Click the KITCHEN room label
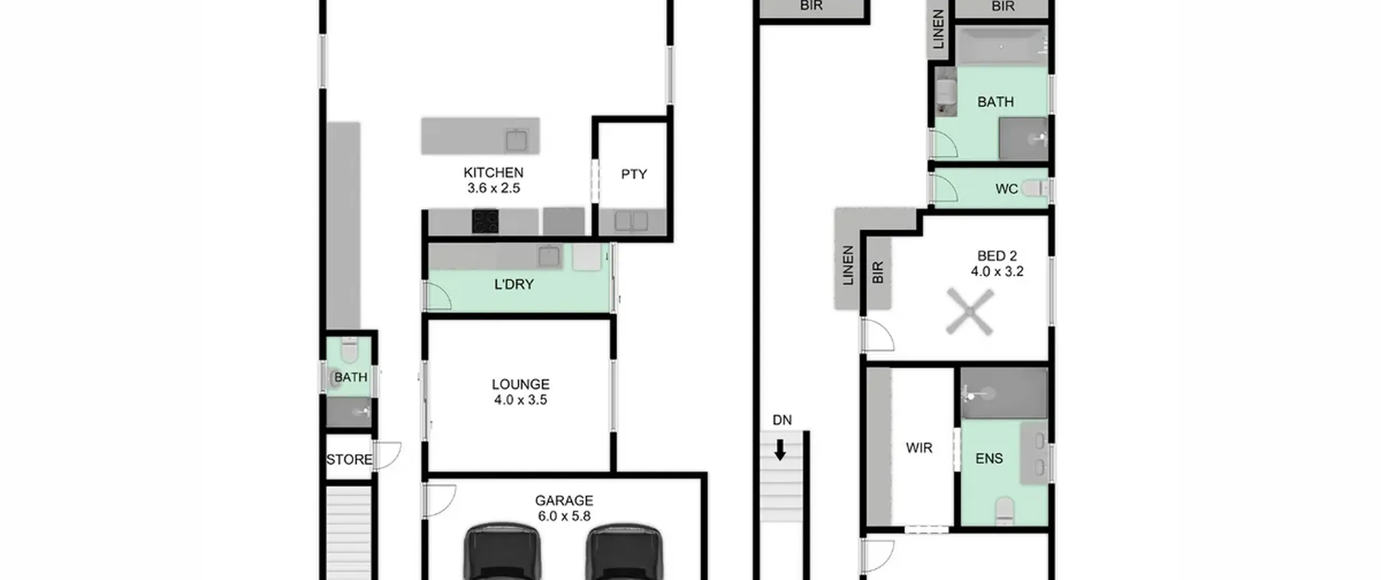click(x=493, y=173)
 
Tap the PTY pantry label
click(x=634, y=174)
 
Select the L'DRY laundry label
click(x=514, y=284)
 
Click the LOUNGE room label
click(x=521, y=384)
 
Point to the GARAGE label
click(x=564, y=500)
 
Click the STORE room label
click(x=349, y=460)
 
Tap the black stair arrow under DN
click(x=780, y=449)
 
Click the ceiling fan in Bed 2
click(x=970, y=312)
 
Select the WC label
click(x=1007, y=189)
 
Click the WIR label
click(x=919, y=448)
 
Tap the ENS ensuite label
click(x=989, y=459)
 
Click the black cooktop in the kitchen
click(x=485, y=222)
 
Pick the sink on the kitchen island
click(x=516, y=140)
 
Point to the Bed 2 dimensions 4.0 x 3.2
click(x=997, y=271)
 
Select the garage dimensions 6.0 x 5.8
click(x=564, y=516)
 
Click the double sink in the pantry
click(x=631, y=221)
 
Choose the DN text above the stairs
click(x=782, y=420)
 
